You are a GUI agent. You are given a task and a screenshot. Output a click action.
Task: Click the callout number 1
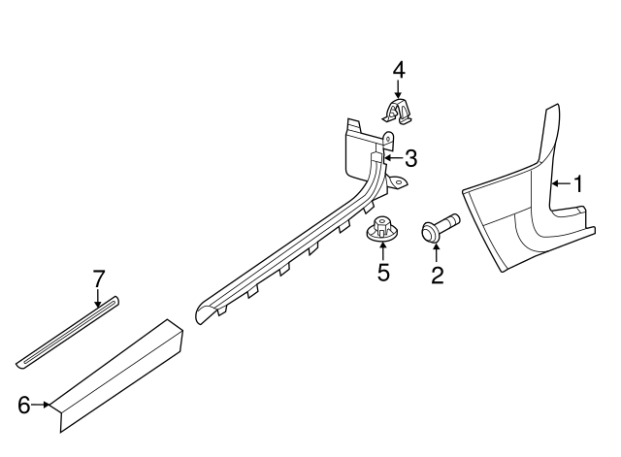tap(578, 184)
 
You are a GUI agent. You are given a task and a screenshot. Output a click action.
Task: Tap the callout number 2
tap(438, 275)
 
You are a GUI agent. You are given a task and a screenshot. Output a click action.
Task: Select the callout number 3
tap(411, 158)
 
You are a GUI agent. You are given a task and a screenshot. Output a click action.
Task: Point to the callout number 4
tap(399, 70)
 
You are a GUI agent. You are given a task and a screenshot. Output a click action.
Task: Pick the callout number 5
tap(383, 273)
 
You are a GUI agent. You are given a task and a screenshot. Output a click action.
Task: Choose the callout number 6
tap(24, 406)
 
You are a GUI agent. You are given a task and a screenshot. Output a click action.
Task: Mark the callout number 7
tap(99, 278)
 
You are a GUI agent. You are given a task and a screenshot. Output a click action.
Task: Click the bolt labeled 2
tap(440, 226)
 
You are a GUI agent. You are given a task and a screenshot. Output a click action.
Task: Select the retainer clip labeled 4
tap(398, 112)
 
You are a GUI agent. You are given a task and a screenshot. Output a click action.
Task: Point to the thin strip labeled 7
tap(68, 332)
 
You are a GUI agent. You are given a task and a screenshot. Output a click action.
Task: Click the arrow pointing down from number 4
tap(398, 88)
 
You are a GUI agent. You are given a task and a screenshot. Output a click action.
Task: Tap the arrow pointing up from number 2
tap(437, 254)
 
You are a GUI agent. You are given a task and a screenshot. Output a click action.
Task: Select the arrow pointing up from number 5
tap(382, 251)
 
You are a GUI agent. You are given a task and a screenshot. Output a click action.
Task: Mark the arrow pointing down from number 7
tap(98, 298)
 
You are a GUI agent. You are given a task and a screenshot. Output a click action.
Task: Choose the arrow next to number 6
tap(41, 405)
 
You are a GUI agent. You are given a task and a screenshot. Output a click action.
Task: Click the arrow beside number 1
tap(562, 183)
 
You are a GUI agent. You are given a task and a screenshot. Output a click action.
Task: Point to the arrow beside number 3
tap(393, 158)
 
